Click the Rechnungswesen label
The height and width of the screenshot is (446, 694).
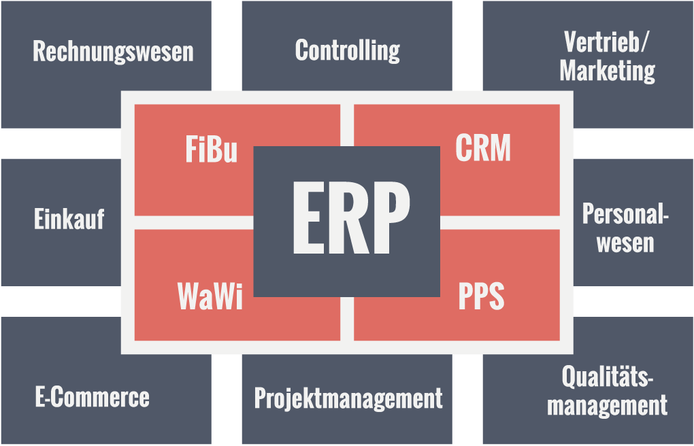(x=113, y=52)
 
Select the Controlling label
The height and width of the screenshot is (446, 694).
(x=347, y=50)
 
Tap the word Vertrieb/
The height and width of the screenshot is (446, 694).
(x=607, y=42)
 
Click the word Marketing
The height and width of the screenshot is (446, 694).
(x=607, y=71)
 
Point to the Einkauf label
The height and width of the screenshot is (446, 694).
(x=69, y=219)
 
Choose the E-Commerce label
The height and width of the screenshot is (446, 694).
(x=92, y=397)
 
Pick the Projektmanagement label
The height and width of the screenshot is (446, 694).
(x=348, y=398)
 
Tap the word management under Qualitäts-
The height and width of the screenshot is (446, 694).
(x=607, y=406)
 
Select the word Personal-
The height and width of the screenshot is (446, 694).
(x=625, y=215)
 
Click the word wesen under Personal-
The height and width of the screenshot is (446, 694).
(x=625, y=243)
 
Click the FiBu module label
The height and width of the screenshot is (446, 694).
(x=211, y=150)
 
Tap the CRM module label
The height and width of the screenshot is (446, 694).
(x=483, y=149)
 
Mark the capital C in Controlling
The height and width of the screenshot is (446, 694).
(x=302, y=50)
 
